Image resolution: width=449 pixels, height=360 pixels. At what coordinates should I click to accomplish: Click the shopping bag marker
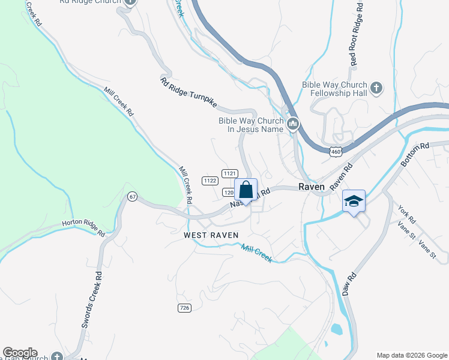point(246,190)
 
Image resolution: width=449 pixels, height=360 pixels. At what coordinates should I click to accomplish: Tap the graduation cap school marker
point(354,202)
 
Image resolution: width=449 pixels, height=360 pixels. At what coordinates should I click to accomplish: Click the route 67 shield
point(133,196)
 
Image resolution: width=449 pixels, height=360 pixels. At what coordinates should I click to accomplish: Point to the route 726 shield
point(185,308)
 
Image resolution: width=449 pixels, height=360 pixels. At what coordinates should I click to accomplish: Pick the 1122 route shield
point(209,180)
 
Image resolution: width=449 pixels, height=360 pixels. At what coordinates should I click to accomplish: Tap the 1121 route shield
point(229,173)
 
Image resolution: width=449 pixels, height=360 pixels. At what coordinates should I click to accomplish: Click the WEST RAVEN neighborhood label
point(211,235)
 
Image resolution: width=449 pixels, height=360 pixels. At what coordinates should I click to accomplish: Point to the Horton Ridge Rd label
point(83,229)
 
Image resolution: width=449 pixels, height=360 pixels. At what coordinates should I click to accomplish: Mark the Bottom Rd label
point(415,154)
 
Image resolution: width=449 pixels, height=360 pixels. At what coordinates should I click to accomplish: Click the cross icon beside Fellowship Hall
point(376,89)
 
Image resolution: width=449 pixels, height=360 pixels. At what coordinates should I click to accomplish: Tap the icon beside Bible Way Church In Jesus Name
point(294,124)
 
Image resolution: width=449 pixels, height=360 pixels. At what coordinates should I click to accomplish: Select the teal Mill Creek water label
point(257,253)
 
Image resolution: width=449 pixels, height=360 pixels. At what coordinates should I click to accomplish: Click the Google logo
point(20,353)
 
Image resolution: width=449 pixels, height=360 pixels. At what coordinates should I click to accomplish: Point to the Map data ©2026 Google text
point(411,355)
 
